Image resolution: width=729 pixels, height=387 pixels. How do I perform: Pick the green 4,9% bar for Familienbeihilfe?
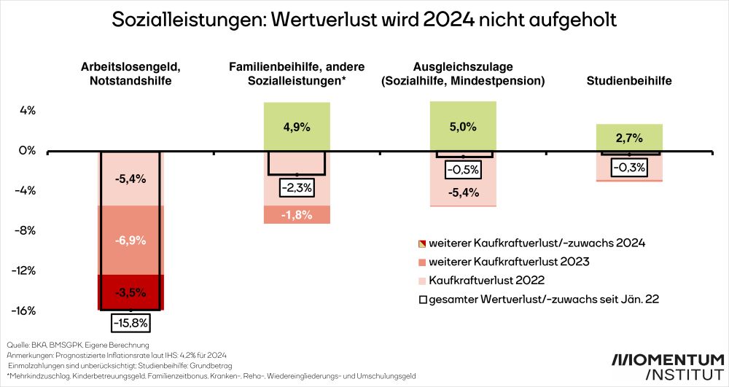[x=296, y=127]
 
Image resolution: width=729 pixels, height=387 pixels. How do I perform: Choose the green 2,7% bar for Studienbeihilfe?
[x=628, y=137]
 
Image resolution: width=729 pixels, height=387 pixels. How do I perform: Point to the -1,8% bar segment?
[x=296, y=214]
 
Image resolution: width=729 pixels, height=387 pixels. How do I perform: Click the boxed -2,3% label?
[x=296, y=187]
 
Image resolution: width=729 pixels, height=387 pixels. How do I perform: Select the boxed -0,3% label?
[x=628, y=168]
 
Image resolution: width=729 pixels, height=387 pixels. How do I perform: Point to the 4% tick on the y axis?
[x=27, y=111]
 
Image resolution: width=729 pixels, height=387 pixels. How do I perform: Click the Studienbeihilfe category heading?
[x=628, y=81]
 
